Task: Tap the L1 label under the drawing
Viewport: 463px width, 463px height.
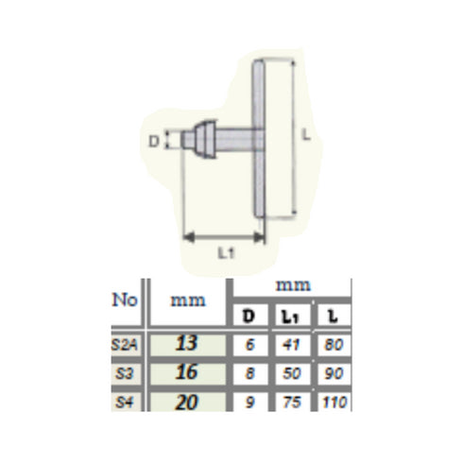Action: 226,253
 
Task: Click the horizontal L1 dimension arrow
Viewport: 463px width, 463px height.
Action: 221,235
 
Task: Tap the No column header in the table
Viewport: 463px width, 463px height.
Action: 127,300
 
